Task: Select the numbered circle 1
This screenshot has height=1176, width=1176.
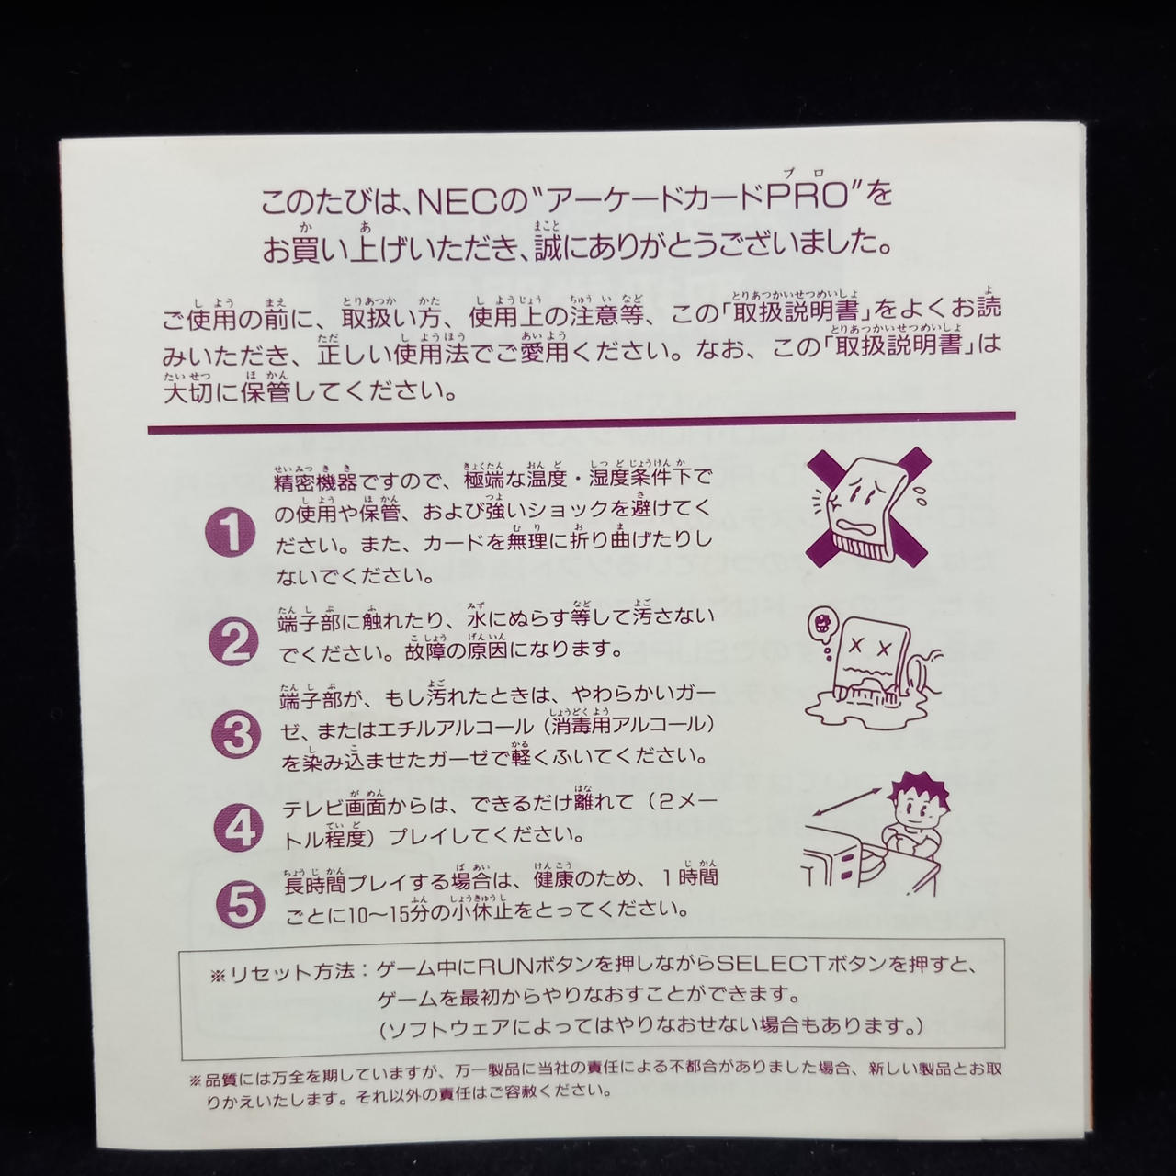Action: [230, 532]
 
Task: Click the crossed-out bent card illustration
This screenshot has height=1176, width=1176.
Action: [866, 506]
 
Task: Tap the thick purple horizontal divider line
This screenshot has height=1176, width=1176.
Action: [582, 423]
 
